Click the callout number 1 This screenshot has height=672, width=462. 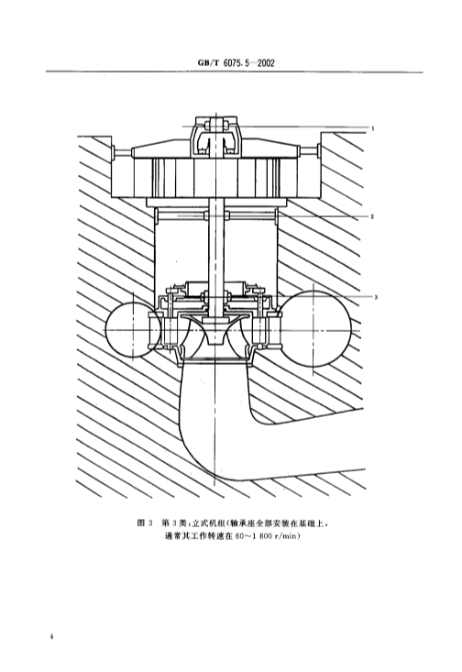pyautogui.click(x=373, y=127)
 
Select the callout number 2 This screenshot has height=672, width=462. pyautogui.click(x=373, y=216)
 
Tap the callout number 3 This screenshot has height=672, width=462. pyautogui.click(x=376, y=296)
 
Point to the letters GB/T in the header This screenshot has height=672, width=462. pyautogui.click(x=208, y=63)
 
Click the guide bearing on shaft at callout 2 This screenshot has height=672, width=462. pyautogui.click(x=217, y=216)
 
